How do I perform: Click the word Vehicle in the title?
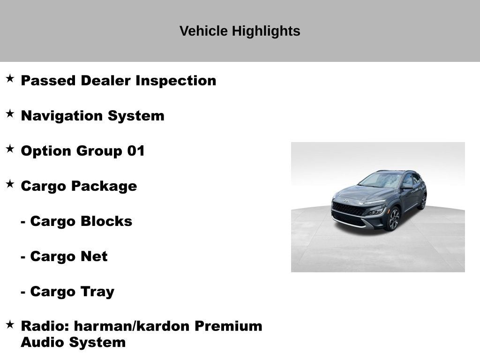pyautogui.click(x=203, y=31)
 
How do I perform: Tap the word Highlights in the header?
pyautogui.click(x=266, y=31)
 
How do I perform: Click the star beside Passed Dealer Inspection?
pyautogui.click(x=10, y=78)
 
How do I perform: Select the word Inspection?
pyautogui.click(x=176, y=81)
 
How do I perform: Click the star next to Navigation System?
pyautogui.click(x=10, y=113)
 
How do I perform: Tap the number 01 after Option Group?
pyautogui.click(x=136, y=150)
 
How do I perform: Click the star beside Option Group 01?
pyautogui.click(x=10, y=149)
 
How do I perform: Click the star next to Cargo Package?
pyautogui.click(x=10, y=184)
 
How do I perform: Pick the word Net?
pyautogui.click(x=94, y=256)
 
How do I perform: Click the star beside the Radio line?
pyautogui.click(x=10, y=324)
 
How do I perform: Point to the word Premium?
pyautogui.click(x=228, y=326)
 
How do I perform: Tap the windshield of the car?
pyautogui.click(x=381, y=180)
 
